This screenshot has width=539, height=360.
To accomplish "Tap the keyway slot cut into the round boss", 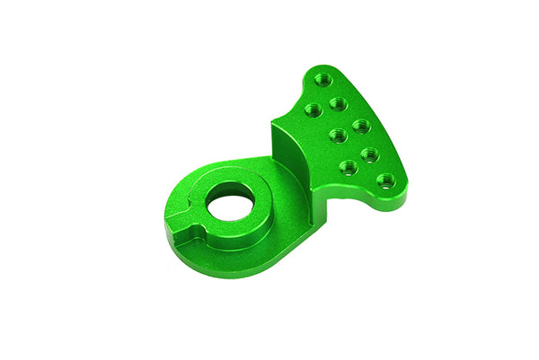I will click(184, 235).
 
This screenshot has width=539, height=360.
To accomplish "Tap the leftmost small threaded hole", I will click(312, 110).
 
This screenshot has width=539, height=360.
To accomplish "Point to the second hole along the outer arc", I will click(339, 103).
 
